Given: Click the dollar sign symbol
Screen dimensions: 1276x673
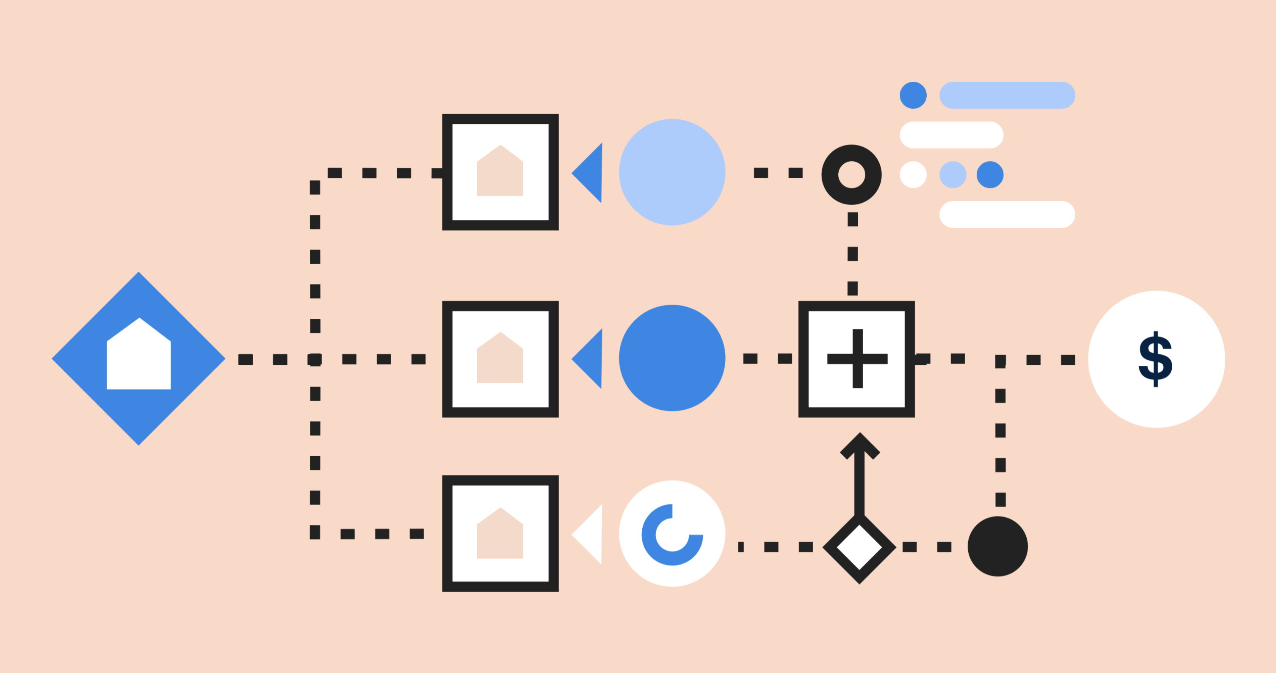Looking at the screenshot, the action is pyautogui.click(x=1155, y=359).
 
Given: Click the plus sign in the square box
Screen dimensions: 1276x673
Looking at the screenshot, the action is pyautogui.click(x=857, y=359).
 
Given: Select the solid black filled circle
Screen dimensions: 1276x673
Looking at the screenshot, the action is pyautogui.click(x=997, y=546).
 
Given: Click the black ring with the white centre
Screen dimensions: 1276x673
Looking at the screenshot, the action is pyautogui.click(x=851, y=174).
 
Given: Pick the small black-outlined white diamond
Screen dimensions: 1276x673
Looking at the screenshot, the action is pyautogui.click(x=859, y=547).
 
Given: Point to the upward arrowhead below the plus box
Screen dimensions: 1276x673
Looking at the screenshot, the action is pyautogui.click(x=860, y=446).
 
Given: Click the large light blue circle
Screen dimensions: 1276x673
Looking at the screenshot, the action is pyautogui.click(x=672, y=172).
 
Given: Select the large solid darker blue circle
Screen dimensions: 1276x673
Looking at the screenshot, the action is pyautogui.click(x=672, y=358).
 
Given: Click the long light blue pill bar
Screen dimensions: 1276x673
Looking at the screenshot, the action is pyautogui.click(x=1007, y=95).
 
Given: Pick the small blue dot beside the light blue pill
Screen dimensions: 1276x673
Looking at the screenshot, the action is pyautogui.click(x=913, y=95).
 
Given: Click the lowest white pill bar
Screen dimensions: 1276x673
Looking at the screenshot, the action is pyautogui.click(x=1007, y=215).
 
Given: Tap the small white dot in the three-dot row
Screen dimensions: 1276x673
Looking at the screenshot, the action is pyautogui.click(x=913, y=175).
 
